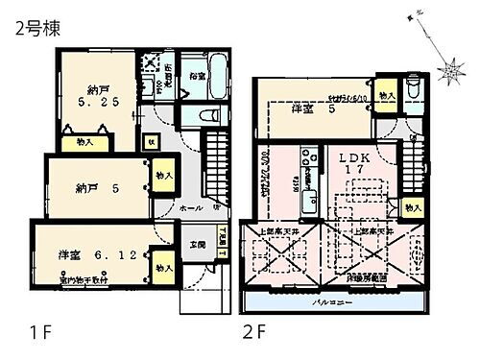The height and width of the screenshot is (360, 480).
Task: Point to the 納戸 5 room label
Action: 95,188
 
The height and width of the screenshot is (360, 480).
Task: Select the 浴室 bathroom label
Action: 197,76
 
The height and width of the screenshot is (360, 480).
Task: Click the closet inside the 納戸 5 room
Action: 162,177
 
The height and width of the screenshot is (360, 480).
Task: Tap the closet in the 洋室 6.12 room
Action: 162,259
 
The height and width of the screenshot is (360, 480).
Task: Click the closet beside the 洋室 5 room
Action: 386,96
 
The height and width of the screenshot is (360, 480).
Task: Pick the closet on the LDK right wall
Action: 412,207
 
